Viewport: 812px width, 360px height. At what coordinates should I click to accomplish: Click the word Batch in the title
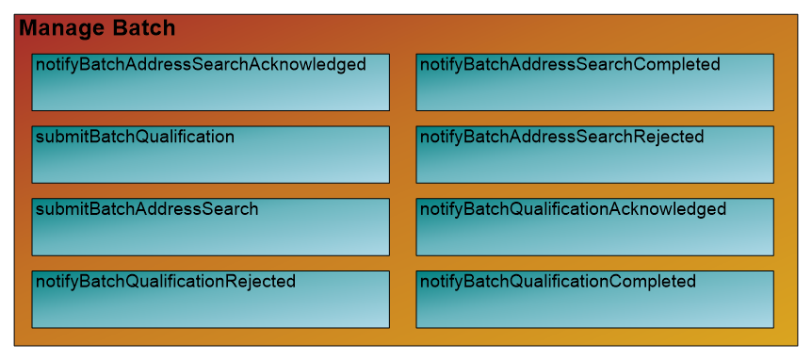tap(144, 28)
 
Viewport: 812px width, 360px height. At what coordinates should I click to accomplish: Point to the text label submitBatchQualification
tap(135, 138)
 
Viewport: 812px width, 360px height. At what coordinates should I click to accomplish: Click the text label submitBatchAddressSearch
tap(147, 209)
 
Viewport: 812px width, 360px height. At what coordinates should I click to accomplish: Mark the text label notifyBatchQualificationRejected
tap(166, 282)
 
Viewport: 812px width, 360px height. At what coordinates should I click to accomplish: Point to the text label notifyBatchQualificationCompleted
tap(558, 282)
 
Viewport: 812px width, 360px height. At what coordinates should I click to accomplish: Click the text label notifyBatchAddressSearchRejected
tap(561, 138)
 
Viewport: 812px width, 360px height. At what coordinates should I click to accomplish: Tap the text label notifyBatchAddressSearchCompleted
tap(570, 65)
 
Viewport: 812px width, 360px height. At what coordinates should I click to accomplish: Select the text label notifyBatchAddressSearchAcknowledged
tap(201, 65)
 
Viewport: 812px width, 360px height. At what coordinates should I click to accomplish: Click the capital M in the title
tap(28, 28)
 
